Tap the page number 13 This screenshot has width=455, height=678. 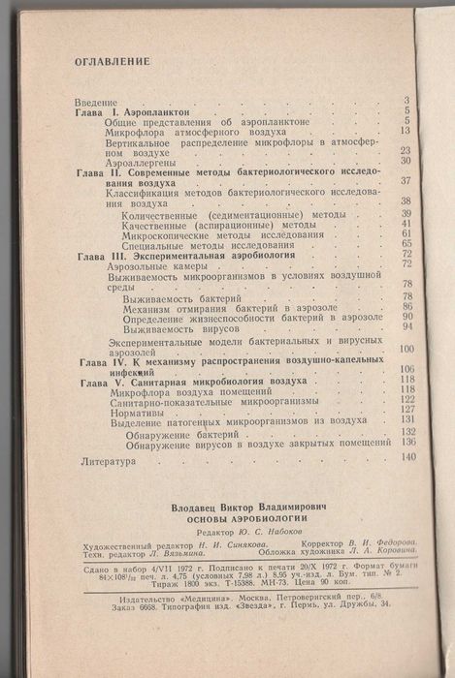(406, 131)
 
